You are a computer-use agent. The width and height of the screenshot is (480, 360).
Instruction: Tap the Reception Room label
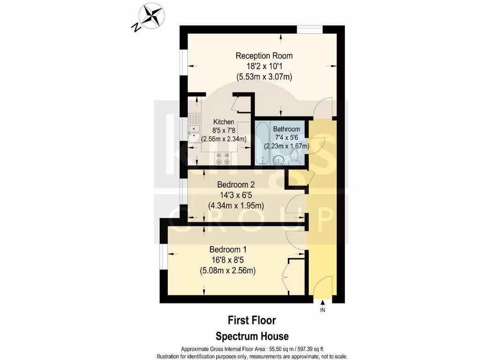(x=264, y=56)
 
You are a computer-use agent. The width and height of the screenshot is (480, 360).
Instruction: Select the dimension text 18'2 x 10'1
(x=264, y=66)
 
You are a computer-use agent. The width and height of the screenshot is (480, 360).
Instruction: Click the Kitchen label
(x=224, y=122)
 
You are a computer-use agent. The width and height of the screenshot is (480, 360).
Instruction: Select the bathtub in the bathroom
(x=262, y=142)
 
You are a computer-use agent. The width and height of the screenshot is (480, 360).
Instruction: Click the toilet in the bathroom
(x=294, y=157)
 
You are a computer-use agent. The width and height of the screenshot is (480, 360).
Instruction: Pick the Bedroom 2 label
(x=236, y=185)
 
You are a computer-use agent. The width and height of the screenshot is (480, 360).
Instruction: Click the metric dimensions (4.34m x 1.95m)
(x=236, y=205)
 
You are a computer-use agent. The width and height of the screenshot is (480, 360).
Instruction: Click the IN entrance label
(x=322, y=310)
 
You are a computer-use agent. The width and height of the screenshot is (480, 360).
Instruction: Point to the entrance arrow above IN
(x=322, y=304)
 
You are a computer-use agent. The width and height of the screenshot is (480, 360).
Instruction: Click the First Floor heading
(x=252, y=321)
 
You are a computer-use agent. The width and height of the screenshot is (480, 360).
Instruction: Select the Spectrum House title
(x=252, y=336)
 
